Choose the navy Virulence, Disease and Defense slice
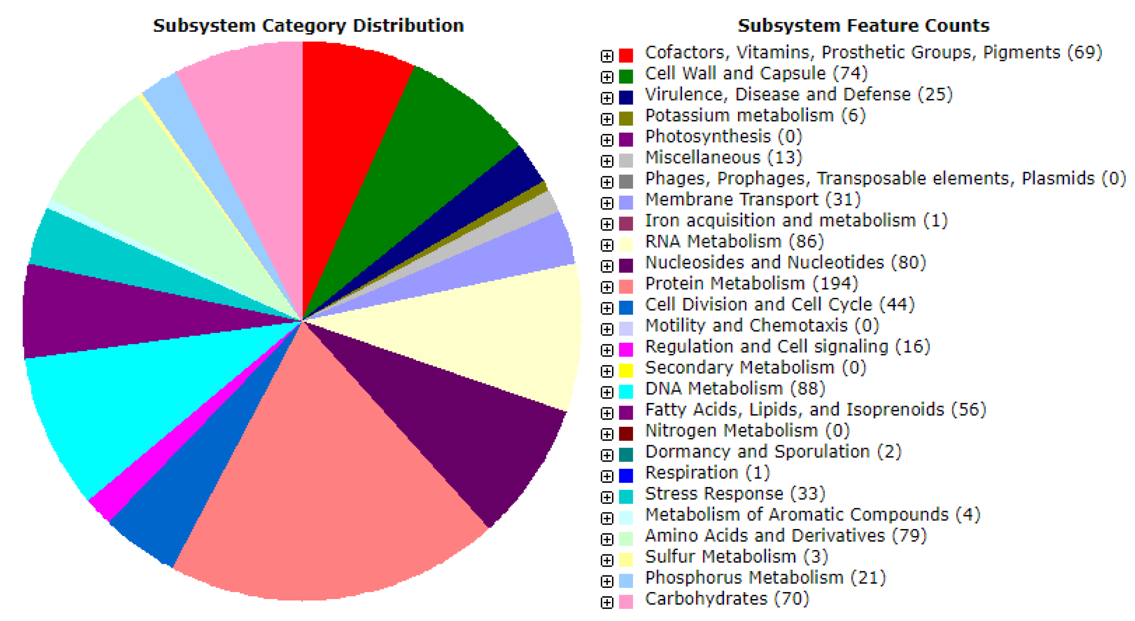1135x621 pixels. coord(507,176)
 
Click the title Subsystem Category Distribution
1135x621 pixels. coord(308,25)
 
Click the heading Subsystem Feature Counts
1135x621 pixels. coord(864,25)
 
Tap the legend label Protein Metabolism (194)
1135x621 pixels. coord(752,283)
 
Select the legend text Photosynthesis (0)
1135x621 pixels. coord(723,137)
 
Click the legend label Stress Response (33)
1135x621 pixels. coord(735,494)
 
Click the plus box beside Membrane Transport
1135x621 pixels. coord(607,203)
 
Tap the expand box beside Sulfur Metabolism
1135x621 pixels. coord(607,560)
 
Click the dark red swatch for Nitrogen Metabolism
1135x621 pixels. coord(626,434)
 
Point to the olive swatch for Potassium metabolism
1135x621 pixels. coord(626,119)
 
